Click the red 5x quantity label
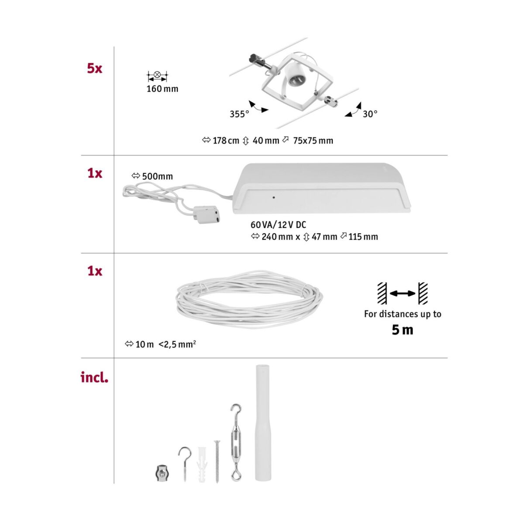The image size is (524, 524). (x=94, y=69)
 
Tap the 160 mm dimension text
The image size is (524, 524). (x=162, y=89)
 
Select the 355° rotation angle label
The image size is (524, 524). (x=239, y=114)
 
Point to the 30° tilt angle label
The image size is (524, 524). (x=370, y=114)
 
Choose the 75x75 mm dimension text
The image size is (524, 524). (x=313, y=141)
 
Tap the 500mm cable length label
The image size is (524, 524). (x=158, y=176)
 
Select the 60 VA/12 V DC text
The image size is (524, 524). (x=278, y=225)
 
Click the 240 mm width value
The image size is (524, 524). (x=276, y=237)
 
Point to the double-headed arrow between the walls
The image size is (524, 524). (x=402, y=294)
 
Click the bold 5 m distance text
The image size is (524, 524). (x=402, y=330)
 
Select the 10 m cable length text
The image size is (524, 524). (x=145, y=345)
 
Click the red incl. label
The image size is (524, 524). (x=94, y=378)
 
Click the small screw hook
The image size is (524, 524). (x=184, y=463)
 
